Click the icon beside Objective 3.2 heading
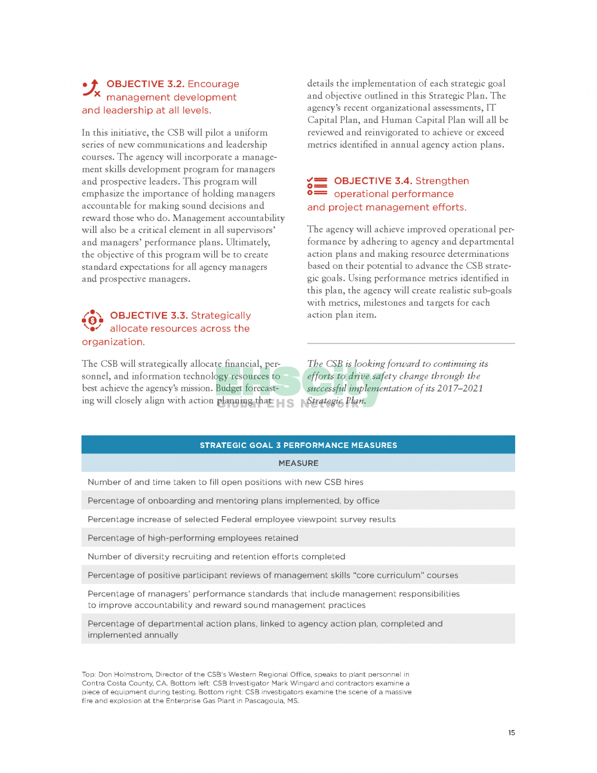[91, 88]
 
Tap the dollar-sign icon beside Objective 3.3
[92, 321]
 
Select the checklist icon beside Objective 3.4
[317, 186]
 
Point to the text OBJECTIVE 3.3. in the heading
[149, 315]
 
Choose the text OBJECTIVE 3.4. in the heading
[373, 181]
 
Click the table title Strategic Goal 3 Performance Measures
[298, 445]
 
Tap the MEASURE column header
[298, 463]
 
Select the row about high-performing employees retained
[193, 538]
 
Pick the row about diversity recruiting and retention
[216, 556]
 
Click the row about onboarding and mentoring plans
[233, 501]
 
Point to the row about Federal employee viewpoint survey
[241, 519]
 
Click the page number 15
[512, 732]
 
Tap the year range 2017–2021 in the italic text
[460, 388]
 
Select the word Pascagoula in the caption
[264, 701]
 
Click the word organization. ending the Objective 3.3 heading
[113, 342]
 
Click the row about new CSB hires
[225, 482]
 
